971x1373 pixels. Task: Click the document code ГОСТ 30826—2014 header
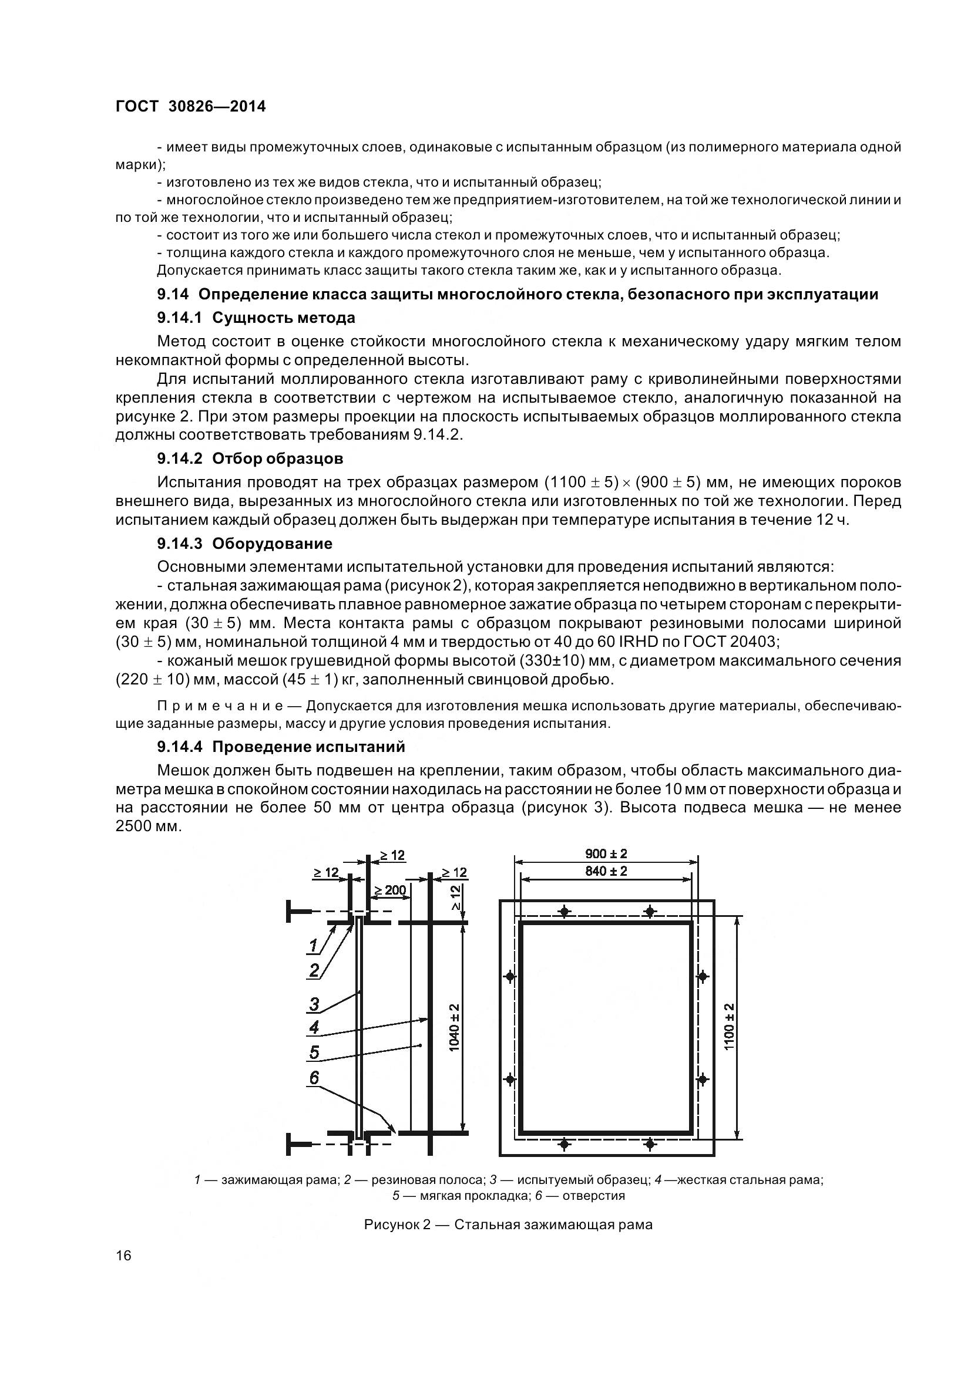click(x=190, y=106)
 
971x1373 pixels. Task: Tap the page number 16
click(x=123, y=1271)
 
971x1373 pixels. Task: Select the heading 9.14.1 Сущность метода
click(x=256, y=318)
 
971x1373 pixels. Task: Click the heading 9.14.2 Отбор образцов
click(x=250, y=458)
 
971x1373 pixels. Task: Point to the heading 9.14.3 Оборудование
click(x=245, y=544)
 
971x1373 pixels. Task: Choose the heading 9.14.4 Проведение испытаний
click(x=281, y=746)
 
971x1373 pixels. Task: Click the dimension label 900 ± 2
click(x=606, y=854)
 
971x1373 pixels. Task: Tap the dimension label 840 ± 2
click(x=606, y=871)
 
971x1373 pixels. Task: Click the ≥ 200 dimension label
click(x=390, y=890)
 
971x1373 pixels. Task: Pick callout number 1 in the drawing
click(x=313, y=946)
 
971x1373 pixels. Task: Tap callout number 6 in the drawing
click(x=314, y=1078)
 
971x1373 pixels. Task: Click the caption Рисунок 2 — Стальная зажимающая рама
click(x=508, y=1224)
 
